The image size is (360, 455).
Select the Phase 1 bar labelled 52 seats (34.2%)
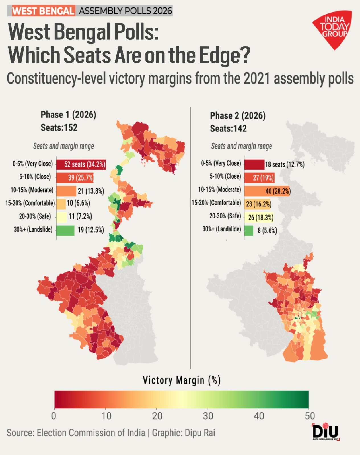[x=81, y=164]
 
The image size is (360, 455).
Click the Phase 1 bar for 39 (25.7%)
[x=75, y=178]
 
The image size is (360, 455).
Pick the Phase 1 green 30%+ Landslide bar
[x=65, y=230]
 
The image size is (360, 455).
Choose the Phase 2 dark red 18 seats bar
[x=254, y=164]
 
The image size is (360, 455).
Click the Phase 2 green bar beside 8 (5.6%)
[x=249, y=230]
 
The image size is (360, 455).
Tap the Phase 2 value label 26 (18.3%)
[x=261, y=218]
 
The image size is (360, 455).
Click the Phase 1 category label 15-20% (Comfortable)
[x=30, y=203]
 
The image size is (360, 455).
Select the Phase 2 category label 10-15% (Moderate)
[x=219, y=189]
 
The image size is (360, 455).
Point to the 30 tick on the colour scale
[x=208, y=416]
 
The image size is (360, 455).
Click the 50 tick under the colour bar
[x=310, y=416]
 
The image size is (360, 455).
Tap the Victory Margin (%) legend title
[x=182, y=380]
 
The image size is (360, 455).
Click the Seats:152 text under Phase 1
[x=59, y=127]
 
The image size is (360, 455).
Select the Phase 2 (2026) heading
[x=238, y=116]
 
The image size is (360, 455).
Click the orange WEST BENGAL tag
[x=43, y=11]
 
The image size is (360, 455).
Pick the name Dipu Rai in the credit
[x=200, y=433]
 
